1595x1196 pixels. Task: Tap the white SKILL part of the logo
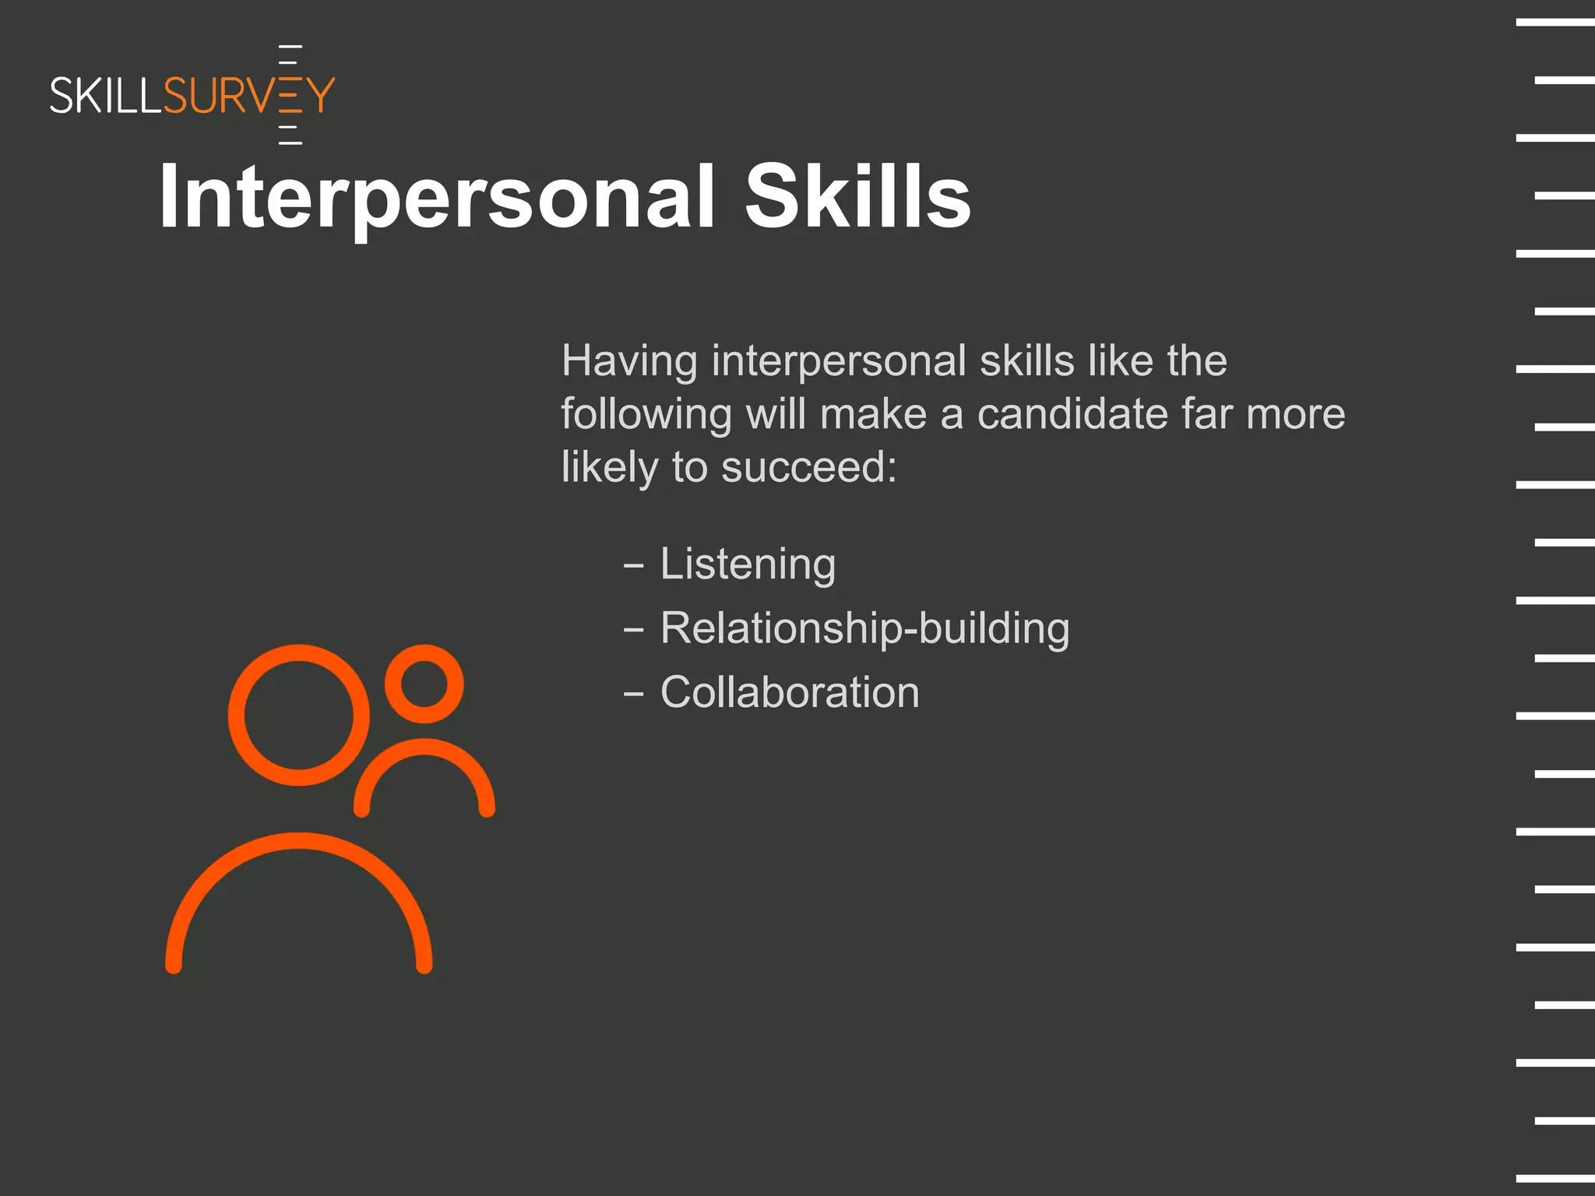(106, 96)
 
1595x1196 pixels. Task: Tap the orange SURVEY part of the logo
(249, 96)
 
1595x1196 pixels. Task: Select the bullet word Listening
(748, 564)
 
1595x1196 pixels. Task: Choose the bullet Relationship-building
(864, 628)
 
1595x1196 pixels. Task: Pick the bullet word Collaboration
(790, 692)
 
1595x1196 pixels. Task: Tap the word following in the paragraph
(646, 415)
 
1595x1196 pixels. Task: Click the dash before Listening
(634, 565)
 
